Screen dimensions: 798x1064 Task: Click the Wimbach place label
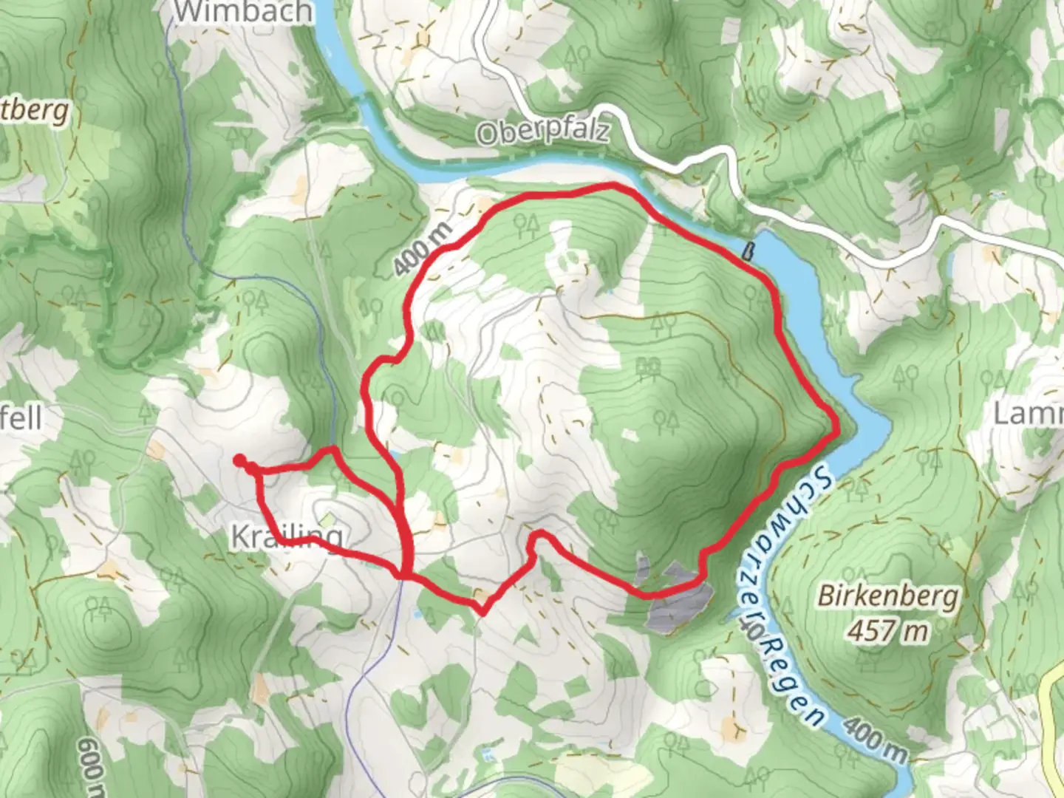click(244, 11)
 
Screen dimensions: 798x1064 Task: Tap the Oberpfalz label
click(543, 132)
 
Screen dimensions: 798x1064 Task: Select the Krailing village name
click(287, 536)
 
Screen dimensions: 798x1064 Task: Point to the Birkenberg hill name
click(888, 596)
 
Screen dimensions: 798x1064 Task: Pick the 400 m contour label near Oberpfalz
click(423, 249)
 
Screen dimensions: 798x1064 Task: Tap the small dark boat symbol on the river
click(748, 253)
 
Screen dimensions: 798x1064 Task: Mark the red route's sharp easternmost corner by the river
click(836, 428)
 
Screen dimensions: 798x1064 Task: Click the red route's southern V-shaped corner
click(482, 611)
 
